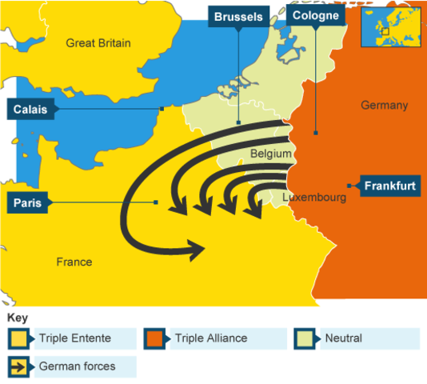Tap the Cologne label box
315,15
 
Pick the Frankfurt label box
389,186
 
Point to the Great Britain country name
98,43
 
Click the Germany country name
384,105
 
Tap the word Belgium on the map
270,153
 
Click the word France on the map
74,262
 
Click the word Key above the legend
16,318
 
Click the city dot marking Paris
156,202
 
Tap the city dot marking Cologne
316,133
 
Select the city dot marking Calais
162,109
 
